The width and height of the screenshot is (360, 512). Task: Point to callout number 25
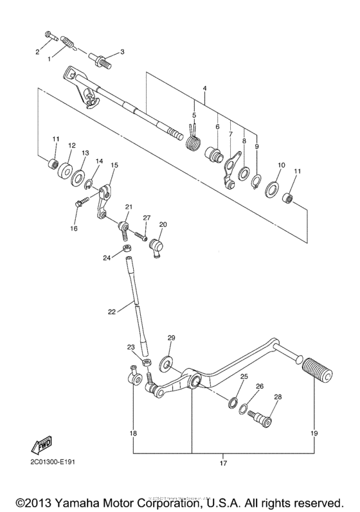coord(244,376)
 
